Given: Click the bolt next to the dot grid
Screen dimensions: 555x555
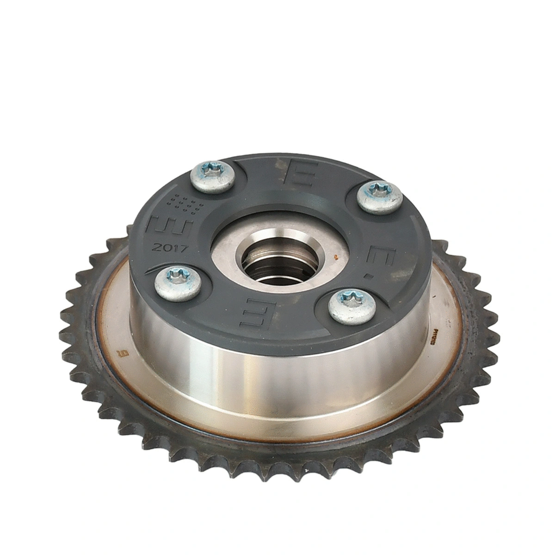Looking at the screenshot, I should click(x=211, y=177).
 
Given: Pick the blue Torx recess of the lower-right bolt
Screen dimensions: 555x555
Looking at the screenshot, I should click(x=348, y=299).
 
